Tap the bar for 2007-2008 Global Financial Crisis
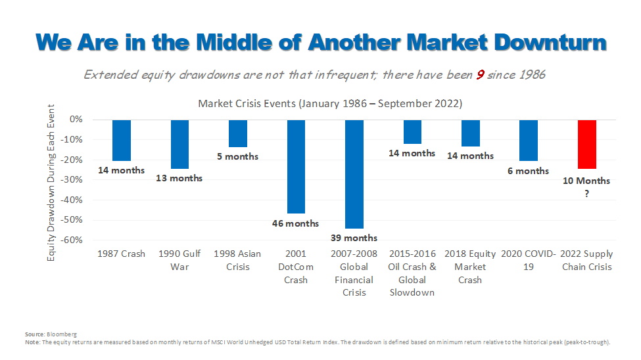[x=354, y=174]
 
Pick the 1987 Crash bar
[x=122, y=140]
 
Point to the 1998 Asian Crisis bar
[x=237, y=133]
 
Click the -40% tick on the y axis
[x=73, y=200]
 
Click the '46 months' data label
[x=295, y=223]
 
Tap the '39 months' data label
[x=354, y=238]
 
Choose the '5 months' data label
[x=237, y=156]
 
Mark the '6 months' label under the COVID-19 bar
[x=528, y=171]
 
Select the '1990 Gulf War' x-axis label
[x=179, y=260]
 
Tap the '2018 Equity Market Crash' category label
[x=470, y=267]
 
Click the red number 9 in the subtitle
[x=481, y=74]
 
